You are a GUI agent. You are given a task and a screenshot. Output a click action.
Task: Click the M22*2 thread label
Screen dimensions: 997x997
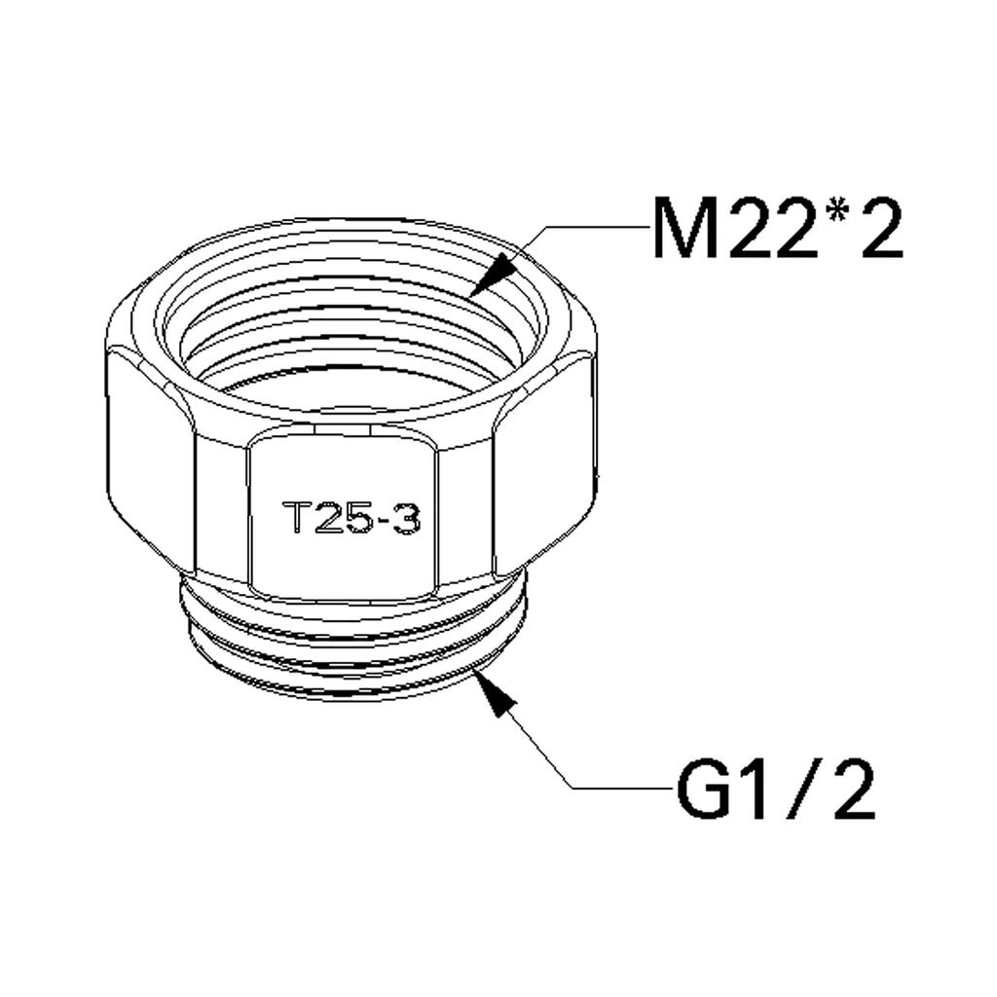[x=778, y=229]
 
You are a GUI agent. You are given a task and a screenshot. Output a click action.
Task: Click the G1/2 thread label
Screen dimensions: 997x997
[x=775, y=789]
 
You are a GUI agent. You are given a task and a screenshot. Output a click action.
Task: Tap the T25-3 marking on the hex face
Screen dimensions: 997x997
[x=351, y=519]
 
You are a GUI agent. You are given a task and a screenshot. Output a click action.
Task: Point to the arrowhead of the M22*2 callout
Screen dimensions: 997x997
[x=492, y=275]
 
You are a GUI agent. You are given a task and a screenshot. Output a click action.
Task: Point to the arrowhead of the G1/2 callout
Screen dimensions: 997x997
[x=494, y=692]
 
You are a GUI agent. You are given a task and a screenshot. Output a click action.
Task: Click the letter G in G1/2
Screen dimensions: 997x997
[x=701, y=789]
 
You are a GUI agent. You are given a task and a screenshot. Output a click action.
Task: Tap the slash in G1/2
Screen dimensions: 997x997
[x=801, y=789]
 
